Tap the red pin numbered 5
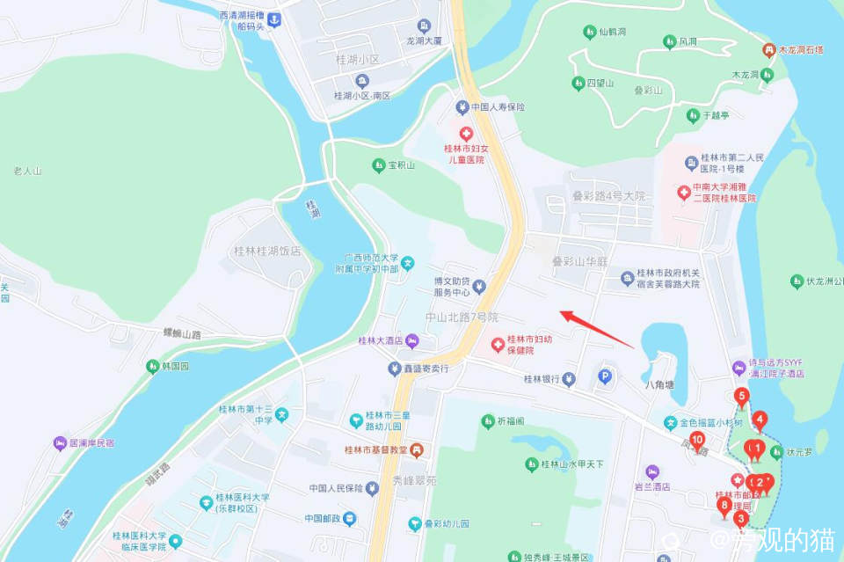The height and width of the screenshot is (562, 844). click(742, 398)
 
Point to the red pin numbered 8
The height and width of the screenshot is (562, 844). click(724, 507)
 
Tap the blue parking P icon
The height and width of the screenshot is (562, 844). click(604, 376)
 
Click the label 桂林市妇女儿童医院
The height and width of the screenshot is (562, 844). click(464, 154)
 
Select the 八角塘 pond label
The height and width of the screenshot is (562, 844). click(658, 384)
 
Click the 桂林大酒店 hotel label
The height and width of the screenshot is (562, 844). click(380, 341)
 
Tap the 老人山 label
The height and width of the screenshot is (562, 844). click(27, 171)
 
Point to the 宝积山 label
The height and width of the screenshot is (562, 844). click(401, 164)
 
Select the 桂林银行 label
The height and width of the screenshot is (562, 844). click(542, 380)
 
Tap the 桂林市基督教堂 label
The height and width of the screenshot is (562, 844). click(375, 450)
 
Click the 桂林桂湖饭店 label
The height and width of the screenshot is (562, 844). click(267, 251)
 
